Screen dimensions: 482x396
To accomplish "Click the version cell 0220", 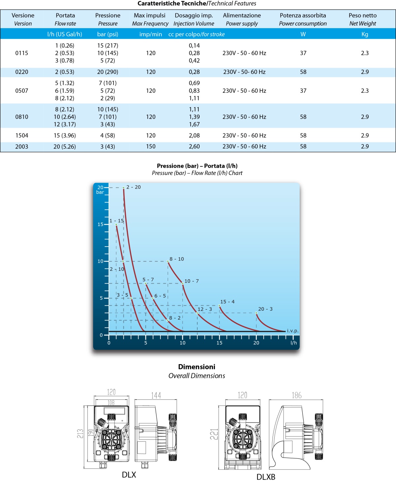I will [x=22, y=72].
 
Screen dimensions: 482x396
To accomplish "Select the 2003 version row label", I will [x=22, y=147].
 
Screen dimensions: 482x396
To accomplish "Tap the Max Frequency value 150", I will [x=151, y=147].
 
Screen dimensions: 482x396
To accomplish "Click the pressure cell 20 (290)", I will [x=108, y=72].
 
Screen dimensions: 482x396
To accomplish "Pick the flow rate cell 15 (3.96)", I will [x=65, y=136].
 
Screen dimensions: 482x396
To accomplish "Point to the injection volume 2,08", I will [x=194, y=136].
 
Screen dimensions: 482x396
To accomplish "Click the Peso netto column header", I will [x=363, y=16].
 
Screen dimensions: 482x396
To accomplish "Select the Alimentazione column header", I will [x=242, y=16].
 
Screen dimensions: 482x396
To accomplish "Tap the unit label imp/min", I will [x=151, y=34].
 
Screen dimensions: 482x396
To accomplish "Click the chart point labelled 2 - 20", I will [x=124, y=188].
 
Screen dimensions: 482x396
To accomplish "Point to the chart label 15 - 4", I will [x=227, y=302].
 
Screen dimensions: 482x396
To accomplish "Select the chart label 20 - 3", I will [x=265, y=309].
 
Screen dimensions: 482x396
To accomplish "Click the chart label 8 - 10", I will [x=177, y=259].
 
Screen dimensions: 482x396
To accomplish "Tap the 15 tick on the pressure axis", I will [x=100, y=224].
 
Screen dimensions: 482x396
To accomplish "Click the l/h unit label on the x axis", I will [x=294, y=343].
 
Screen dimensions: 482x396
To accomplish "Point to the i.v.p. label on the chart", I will [x=293, y=330].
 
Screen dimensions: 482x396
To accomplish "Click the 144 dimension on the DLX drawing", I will [x=156, y=396].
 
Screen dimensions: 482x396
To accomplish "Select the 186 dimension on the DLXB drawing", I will [x=297, y=395].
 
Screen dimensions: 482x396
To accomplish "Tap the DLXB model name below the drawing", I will [x=266, y=477].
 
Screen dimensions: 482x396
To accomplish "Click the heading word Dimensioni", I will [x=197, y=367].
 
